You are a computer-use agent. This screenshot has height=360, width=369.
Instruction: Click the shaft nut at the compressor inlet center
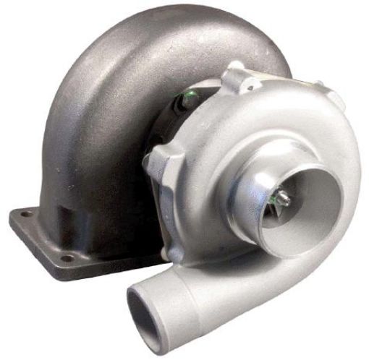(x=281, y=197)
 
